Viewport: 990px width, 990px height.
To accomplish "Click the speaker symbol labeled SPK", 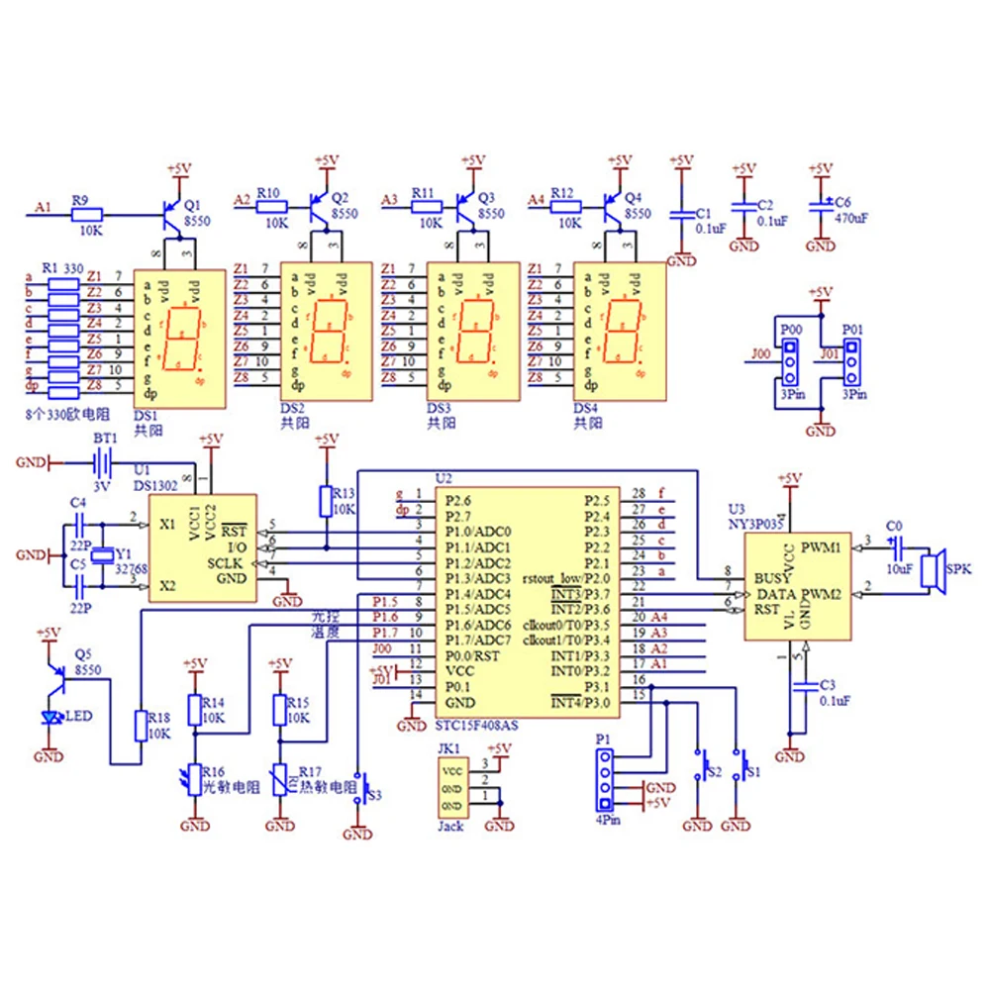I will [x=931, y=571].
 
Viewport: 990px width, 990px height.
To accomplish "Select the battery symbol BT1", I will [x=99, y=462].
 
